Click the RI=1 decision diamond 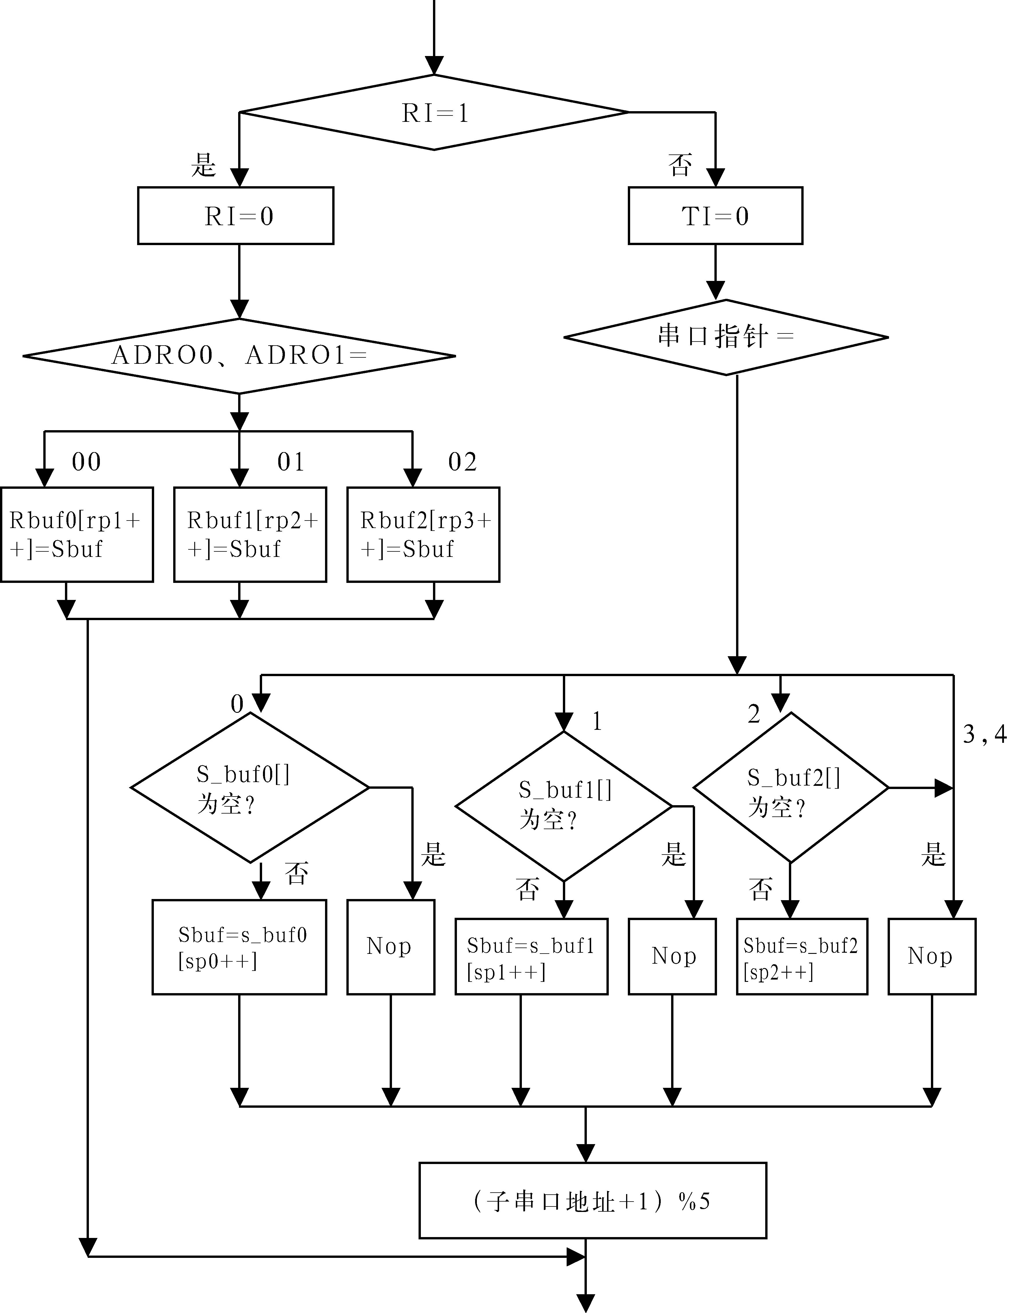(434, 112)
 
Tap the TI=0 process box (715, 216)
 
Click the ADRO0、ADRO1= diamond (239, 356)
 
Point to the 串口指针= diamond (726, 337)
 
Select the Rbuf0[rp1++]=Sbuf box (77, 534)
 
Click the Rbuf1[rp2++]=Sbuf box (250, 534)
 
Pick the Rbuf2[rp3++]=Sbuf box (423, 534)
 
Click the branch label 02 (462, 462)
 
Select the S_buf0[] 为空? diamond (250, 788)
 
